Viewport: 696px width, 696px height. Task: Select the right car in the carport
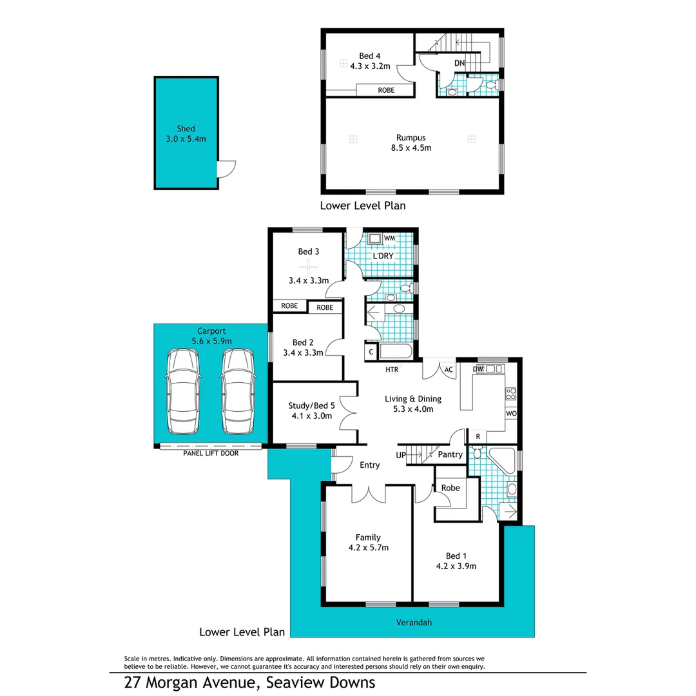pos(238,391)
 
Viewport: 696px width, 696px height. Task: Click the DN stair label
pos(459,63)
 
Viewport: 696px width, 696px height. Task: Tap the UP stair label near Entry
pos(401,455)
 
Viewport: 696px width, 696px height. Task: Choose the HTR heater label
pos(391,370)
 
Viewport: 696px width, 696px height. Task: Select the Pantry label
pos(450,454)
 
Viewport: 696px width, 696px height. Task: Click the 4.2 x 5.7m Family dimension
pos(368,548)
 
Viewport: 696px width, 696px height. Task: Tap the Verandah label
pos(412,623)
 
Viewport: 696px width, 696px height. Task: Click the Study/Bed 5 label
pos(311,405)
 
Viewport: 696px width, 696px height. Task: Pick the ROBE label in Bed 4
pos(386,91)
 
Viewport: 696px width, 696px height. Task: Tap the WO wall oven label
pos(511,412)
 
